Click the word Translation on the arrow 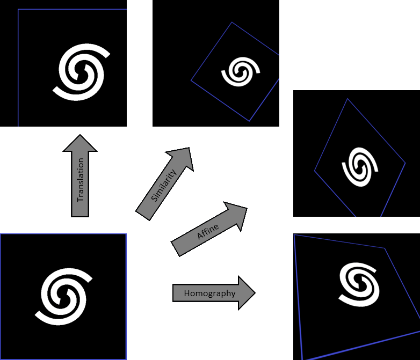pyautogui.click(x=81, y=180)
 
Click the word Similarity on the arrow pyautogui.click(x=164, y=185)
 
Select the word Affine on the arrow pyautogui.click(x=208, y=232)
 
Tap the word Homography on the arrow pyautogui.click(x=210, y=293)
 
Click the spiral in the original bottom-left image pyautogui.click(x=64, y=297)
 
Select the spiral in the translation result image pyautogui.click(x=82, y=72)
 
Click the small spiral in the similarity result pyautogui.click(x=241, y=72)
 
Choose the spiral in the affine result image pyautogui.click(x=360, y=167)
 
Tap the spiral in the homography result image pyautogui.click(x=359, y=284)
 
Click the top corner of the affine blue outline pyautogui.click(x=347, y=99)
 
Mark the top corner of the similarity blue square pyautogui.click(x=231, y=22)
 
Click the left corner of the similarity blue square pyautogui.click(x=191, y=80)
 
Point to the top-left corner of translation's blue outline pyautogui.click(x=18, y=9)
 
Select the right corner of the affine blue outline pyautogui.click(x=405, y=163)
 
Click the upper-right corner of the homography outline pyautogui.click(x=385, y=248)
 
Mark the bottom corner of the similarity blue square pyautogui.click(x=249, y=121)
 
